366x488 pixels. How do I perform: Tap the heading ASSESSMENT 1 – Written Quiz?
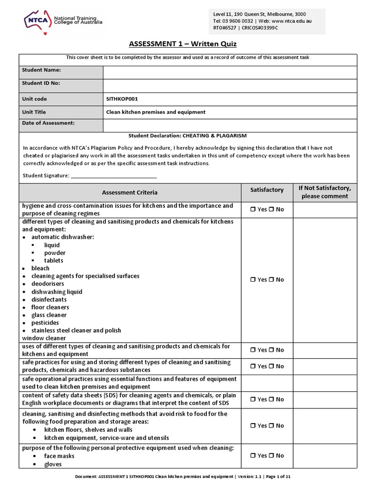point(183,44)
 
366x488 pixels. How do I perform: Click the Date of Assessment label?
point(49,123)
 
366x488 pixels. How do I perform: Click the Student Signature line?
point(113,176)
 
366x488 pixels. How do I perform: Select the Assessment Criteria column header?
point(130,193)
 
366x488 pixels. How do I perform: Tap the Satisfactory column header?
point(267,190)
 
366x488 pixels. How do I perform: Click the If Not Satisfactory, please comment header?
point(324,192)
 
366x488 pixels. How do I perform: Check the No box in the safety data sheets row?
point(272,399)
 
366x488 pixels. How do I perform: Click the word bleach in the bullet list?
point(41,268)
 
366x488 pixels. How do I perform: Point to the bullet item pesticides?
point(46,323)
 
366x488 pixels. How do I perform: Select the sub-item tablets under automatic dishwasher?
point(53,261)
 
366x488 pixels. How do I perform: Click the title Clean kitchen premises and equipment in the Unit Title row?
point(156,112)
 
